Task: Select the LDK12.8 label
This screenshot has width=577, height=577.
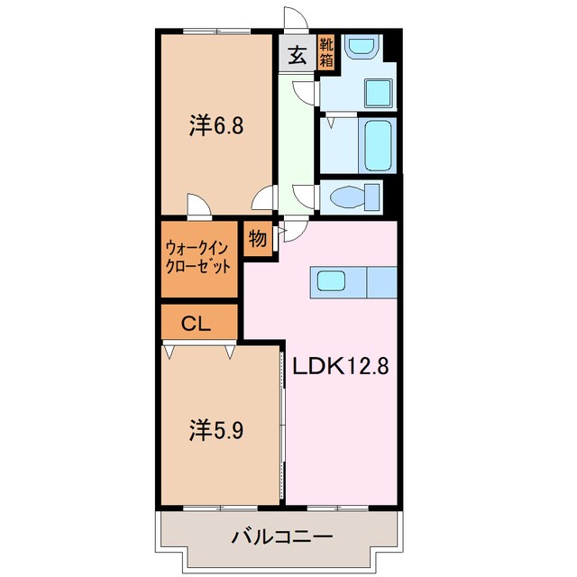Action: click(x=340, y=366)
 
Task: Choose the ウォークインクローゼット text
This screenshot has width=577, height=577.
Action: click(x=198, y=257)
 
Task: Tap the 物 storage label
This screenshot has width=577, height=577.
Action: click(x=257, y=239)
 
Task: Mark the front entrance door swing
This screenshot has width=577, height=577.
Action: click(x=294, y=20)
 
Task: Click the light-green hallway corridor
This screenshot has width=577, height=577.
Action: click(x=294, y=135)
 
